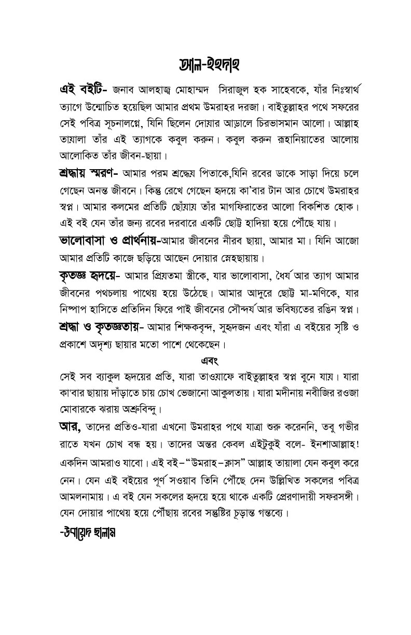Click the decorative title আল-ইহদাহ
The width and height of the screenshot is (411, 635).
click(x=205, y=66)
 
